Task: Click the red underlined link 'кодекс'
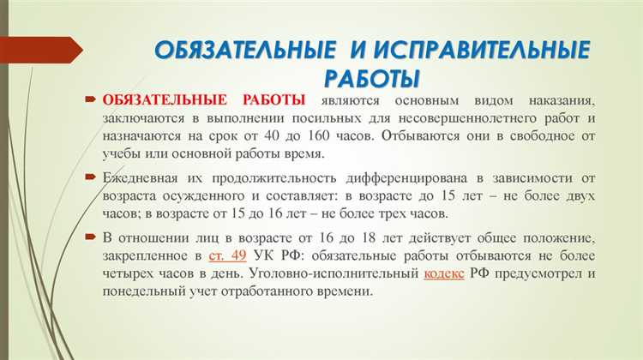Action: pos(446,273)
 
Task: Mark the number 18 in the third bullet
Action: pos(334,237)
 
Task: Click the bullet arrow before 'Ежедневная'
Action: pos(90,177)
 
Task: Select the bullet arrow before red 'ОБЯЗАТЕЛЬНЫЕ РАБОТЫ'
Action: pos(90,101)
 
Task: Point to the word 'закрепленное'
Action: pos(147,255)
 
